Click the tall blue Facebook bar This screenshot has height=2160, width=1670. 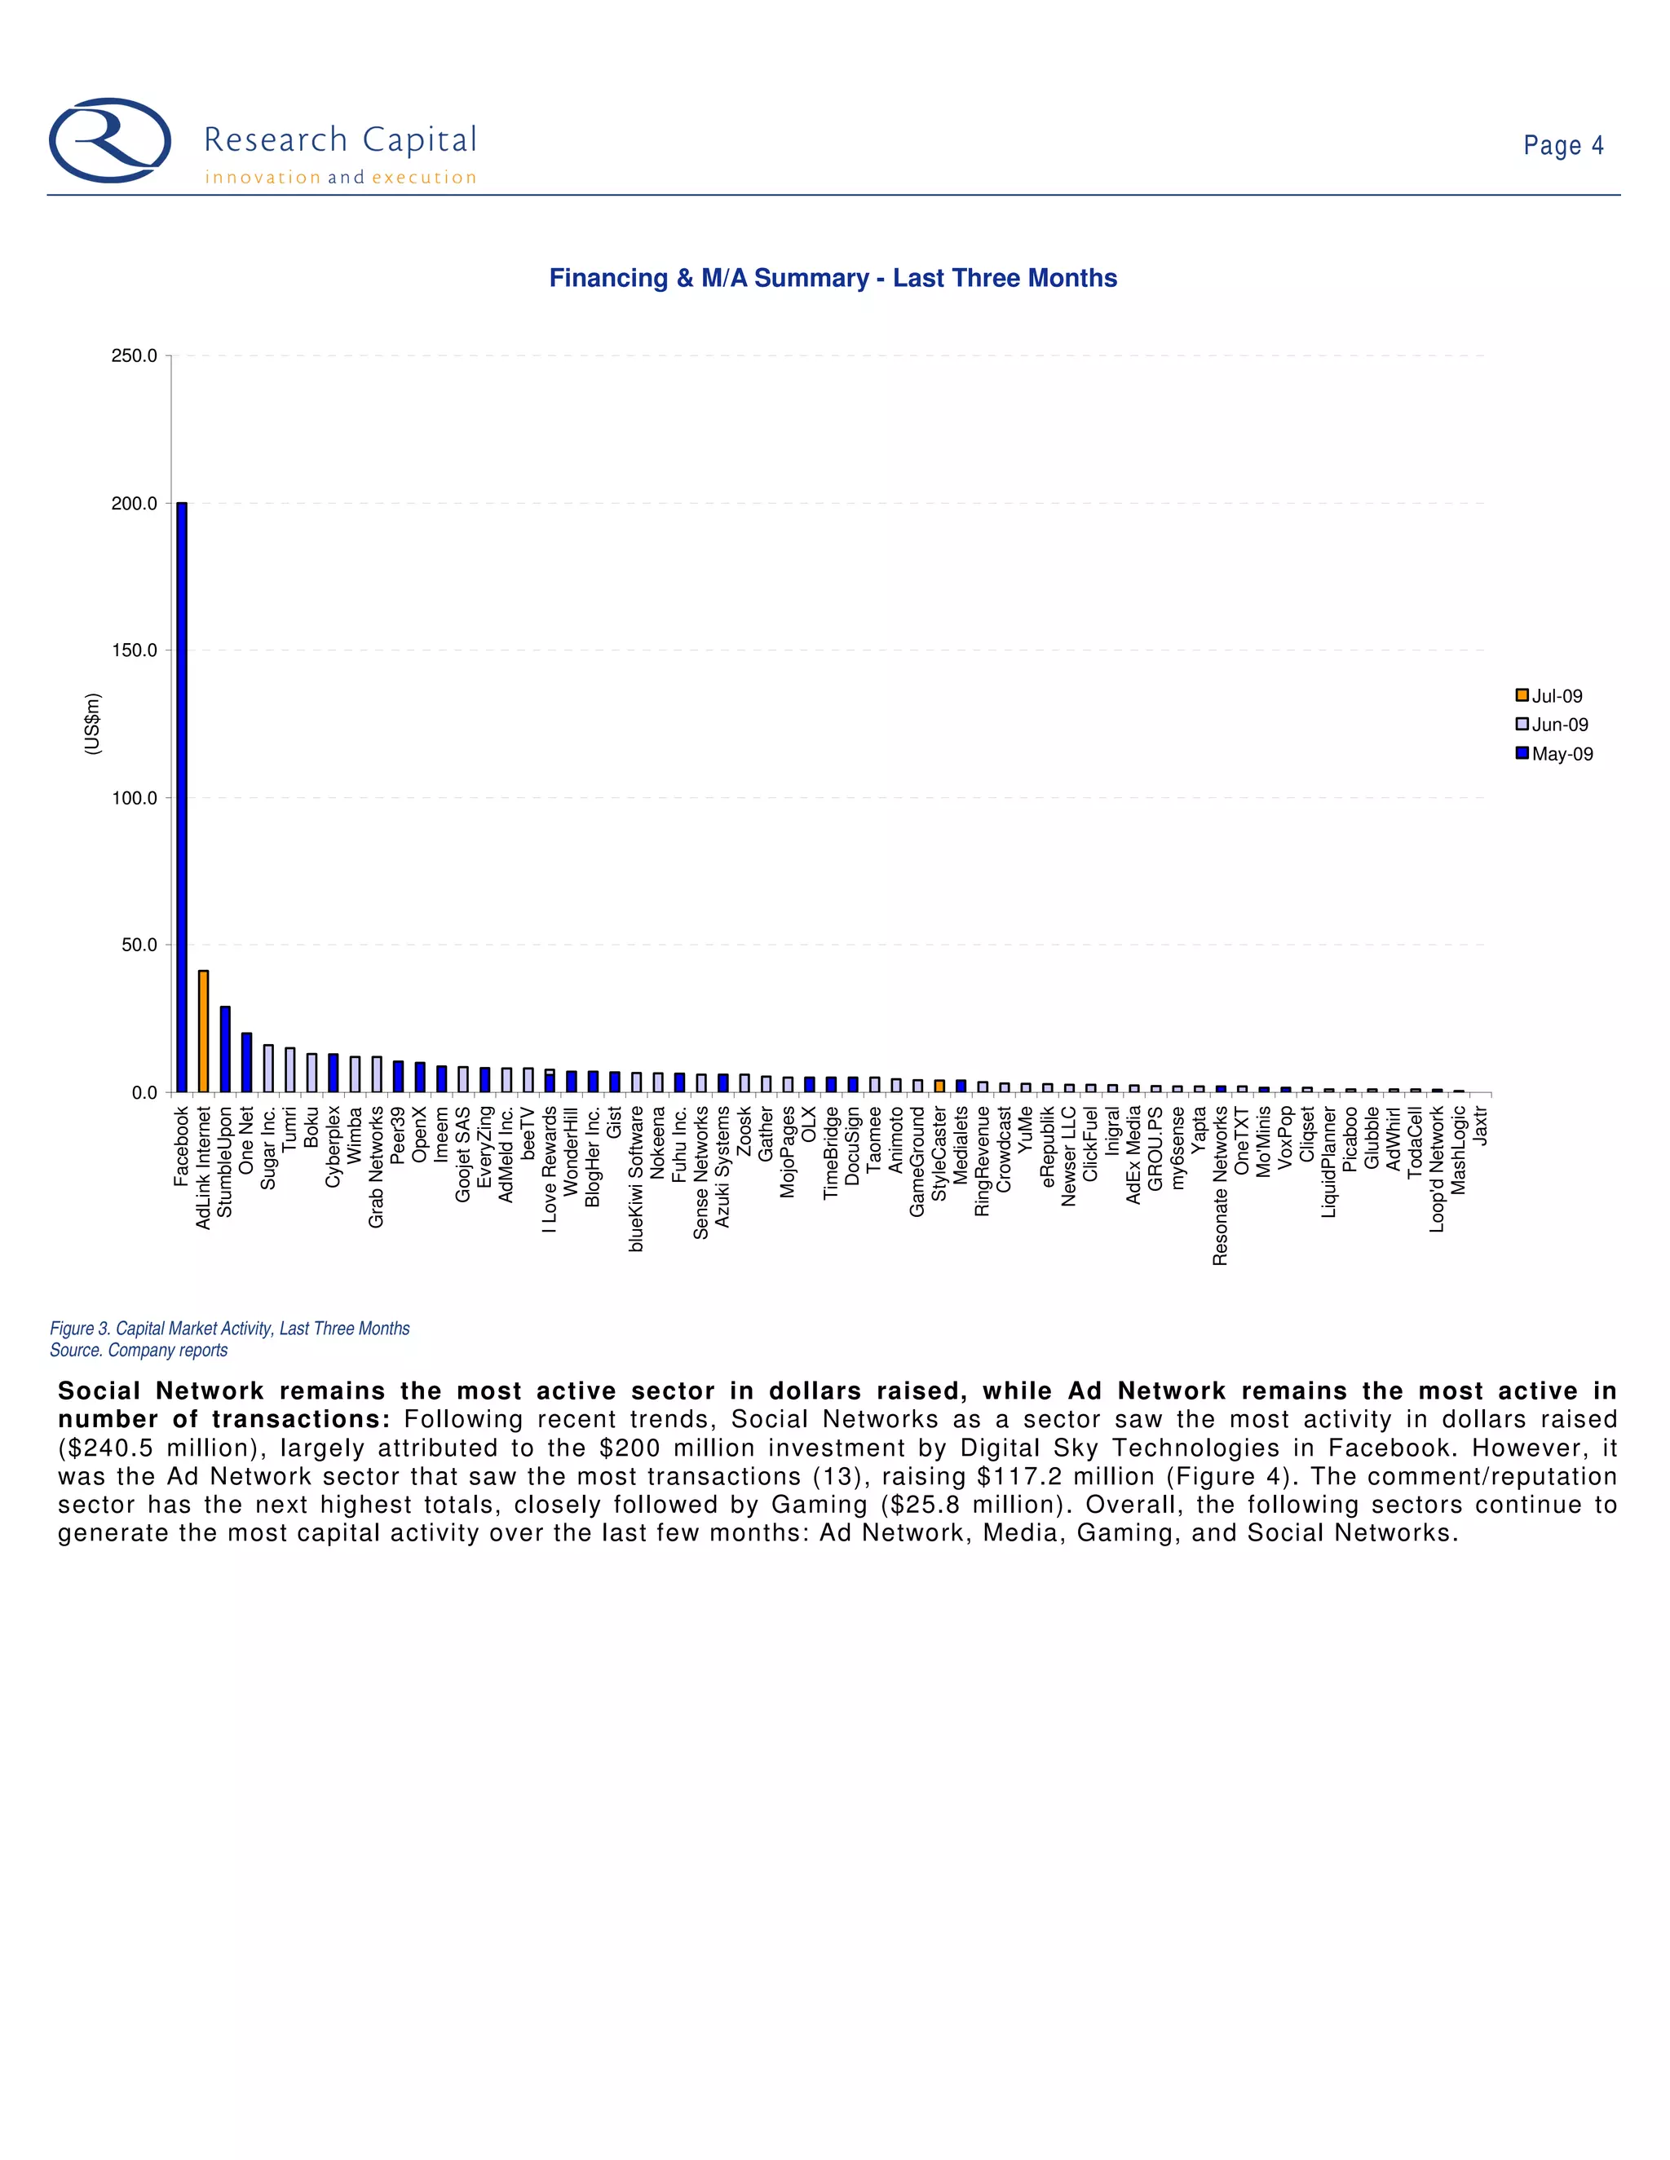coord(181,797)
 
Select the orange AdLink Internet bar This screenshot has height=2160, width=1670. coord(203,1032)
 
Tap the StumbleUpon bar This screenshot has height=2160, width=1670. coord(224,1049)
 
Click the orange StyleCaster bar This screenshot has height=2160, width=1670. coord(939,1086)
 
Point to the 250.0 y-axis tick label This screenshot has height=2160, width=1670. coord(134,356)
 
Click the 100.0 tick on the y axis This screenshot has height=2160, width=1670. coord(134,798)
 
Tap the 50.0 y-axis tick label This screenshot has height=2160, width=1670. coord(139,946)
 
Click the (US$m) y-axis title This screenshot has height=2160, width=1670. coord(92,724)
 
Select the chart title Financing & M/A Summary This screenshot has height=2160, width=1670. coord(833,278)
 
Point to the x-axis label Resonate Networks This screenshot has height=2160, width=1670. coord(1220,1185)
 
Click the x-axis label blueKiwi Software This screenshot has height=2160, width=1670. coord(636,1178)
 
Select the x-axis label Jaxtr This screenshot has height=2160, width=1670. coord(1480,1126)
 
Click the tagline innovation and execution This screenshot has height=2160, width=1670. coord(340,178)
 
